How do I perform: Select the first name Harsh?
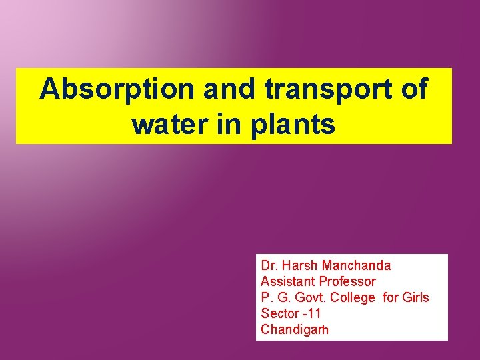tap(299, 265)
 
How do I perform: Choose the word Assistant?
tap(288, 281)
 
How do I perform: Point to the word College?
tap(355, 297)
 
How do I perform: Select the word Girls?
tap(416, 297)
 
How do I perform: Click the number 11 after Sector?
tap(315, 313)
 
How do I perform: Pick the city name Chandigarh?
tap(295, 329)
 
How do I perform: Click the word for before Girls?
tap(392, 297)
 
